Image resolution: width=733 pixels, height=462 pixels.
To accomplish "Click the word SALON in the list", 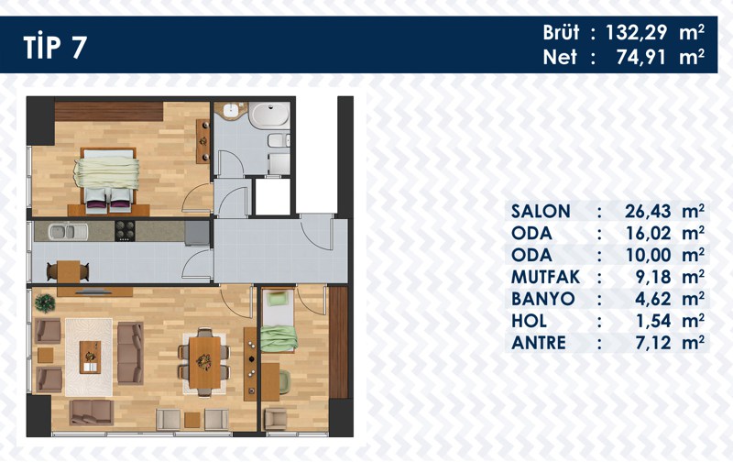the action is point(541,212).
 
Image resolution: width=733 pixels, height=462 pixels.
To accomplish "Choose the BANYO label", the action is point(542,299).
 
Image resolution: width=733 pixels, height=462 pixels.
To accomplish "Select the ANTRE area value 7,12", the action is point(653,343).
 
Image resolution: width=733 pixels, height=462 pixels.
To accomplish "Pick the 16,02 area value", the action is point(648,233).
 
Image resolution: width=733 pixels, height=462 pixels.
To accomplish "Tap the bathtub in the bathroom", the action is point(269,114).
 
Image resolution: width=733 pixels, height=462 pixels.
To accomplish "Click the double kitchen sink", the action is point(68,231).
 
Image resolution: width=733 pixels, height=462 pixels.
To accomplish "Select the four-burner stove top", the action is point(125,231).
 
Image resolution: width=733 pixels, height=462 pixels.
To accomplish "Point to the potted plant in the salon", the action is point(45,303).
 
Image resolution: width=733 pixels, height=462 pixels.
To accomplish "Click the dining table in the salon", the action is point(204,362).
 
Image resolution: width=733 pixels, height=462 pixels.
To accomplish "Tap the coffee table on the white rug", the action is point(90,357).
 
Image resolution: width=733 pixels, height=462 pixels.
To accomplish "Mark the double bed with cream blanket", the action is point(107,179).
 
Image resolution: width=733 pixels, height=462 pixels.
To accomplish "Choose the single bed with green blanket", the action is point(279,321).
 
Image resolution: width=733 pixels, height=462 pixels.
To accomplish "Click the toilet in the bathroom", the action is point(279,141).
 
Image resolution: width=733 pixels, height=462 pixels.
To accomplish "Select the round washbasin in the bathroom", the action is point(231,111).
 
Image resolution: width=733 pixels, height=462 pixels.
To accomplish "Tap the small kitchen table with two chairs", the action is point(68,271).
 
